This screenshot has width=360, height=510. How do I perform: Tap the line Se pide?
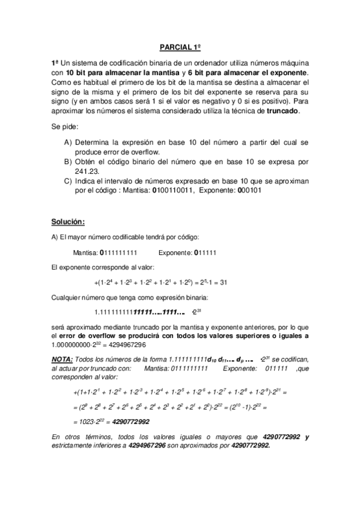[x=66, y=127]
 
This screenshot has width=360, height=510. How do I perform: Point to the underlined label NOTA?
[x=63, y=358]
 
